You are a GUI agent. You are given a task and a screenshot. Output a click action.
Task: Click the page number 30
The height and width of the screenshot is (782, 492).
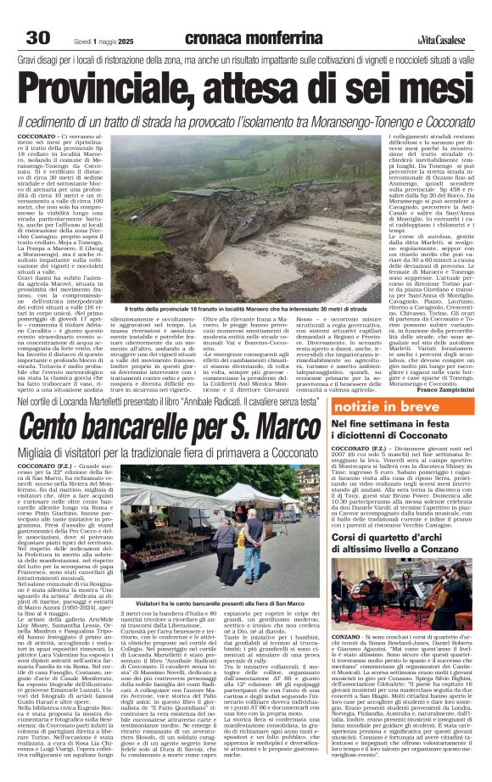(x=37, y=14)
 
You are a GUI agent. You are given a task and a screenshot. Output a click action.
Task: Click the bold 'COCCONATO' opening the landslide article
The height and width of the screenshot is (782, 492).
(x=36, y=134)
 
